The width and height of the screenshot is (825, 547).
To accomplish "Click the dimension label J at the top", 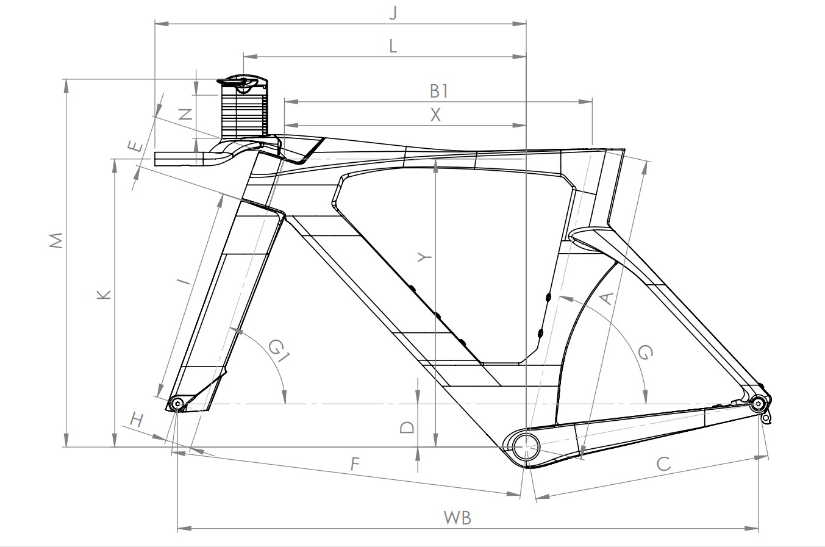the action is tap(393, 13).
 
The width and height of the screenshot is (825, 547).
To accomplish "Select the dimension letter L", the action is tap(393, 46).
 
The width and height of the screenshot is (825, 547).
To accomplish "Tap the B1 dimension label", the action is tap(439, 91).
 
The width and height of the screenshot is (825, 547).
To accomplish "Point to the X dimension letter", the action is tap(435, 115).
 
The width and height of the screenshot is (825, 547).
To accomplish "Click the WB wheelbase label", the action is tap(457, 518).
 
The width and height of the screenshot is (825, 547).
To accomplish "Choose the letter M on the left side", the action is tap(56, 240).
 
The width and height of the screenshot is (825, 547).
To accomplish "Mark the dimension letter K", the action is tap(104, 295).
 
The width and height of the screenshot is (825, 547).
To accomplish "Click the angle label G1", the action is tap(279, 351).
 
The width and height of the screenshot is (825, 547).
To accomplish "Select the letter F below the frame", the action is tap(355, 463).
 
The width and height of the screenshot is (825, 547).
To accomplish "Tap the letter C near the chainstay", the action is tap(663, 463).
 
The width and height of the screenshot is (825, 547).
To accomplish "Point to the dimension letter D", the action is tap(407, 427).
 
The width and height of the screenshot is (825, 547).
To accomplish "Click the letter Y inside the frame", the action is tap(424, 257).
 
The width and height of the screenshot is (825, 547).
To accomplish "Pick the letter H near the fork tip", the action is tap(136, 420).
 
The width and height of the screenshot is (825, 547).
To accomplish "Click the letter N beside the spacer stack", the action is tap(185, 114).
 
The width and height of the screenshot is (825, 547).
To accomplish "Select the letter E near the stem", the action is tap(135, 146).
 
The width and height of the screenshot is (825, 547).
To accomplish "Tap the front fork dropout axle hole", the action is tap(177, 404).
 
